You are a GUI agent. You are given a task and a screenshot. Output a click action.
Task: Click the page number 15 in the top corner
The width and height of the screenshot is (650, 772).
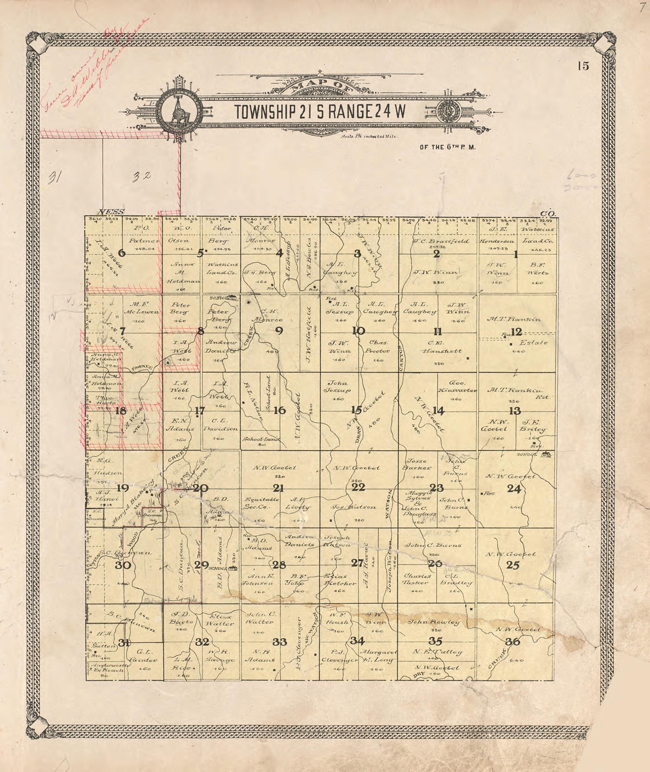[x=583, y=66]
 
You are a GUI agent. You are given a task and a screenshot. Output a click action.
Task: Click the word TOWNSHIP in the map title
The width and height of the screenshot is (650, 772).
[x=266, y=112]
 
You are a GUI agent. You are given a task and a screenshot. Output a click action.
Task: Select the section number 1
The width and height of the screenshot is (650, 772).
[x=516, y=254]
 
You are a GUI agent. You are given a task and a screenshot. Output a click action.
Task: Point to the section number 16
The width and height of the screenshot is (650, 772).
[x=280, y=410]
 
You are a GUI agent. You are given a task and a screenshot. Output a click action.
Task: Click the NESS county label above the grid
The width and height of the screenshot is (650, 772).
[x=111, y=212]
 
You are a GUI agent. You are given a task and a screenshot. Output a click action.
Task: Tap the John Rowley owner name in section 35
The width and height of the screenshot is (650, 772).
[x=433, y=622]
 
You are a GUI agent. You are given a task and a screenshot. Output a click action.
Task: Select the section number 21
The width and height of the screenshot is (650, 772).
[x=278, y=488]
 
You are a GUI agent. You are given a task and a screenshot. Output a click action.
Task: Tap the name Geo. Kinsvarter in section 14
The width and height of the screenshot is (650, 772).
[x=457, y=386]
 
